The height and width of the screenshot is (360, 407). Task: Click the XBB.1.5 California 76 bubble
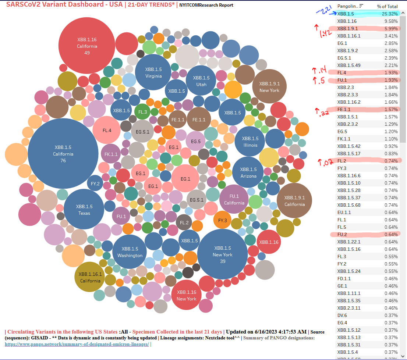(63, 154)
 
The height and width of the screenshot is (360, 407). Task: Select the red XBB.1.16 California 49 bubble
(87, 46)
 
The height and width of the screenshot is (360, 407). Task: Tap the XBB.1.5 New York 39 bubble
(223, 254)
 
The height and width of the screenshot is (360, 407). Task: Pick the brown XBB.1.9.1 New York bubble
(269, 87)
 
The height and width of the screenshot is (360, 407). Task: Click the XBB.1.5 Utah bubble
(201, 81)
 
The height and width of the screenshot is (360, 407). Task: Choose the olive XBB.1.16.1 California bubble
(90, 277)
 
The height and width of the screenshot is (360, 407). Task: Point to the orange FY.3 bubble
(222, 220)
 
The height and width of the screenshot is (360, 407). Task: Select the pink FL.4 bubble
(107, 130)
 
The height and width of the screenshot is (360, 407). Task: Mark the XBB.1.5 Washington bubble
(130, 252)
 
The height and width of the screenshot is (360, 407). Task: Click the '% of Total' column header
(387, 6)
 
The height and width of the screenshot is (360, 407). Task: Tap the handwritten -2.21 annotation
(322, 11)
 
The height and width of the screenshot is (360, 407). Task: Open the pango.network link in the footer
(77, 344)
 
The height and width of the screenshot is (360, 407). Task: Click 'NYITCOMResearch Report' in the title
(206, 5)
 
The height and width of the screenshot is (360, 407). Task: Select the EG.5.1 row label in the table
(344, 58)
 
